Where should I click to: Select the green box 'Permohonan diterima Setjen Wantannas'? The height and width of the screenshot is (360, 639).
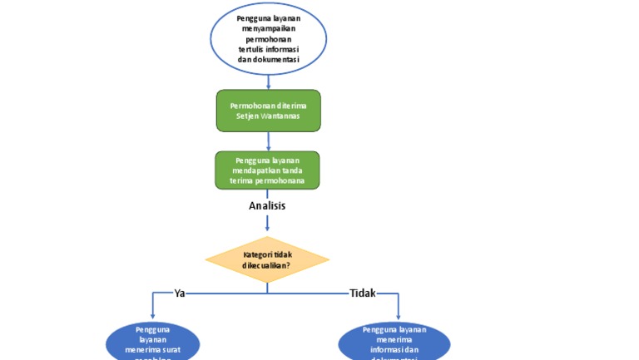click(x=268, y=111)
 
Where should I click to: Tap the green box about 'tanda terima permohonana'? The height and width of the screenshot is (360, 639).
click(x=268, y=170)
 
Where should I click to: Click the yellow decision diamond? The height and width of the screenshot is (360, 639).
click(x=267, y=259)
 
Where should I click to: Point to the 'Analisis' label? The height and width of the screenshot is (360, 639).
click(x=267, y=205)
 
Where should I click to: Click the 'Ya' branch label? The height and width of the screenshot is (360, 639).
click(x=179, y=293)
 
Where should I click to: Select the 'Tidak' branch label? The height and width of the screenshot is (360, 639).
click(x=363, y=293)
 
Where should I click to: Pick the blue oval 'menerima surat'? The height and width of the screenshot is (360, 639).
click(x=153, y=343)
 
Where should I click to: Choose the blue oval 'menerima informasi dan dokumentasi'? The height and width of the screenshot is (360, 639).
click(x=394, y=343)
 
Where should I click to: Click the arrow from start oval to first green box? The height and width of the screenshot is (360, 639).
click(x=268, y=81)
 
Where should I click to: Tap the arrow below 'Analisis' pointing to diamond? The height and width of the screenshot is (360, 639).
click(x=267, y=223)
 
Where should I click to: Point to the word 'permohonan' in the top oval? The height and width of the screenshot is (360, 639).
click(x=268, y=38)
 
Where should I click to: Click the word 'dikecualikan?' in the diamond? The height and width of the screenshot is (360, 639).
click(x=266, y=264)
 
